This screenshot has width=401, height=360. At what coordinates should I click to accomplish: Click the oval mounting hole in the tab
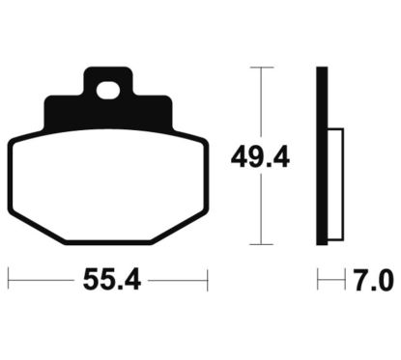coord(108,90)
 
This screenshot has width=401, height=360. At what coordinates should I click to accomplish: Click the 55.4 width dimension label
coord(112,280)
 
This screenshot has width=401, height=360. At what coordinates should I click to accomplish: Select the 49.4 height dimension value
coord(260,157)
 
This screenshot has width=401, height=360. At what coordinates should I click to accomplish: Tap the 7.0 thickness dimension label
coord(374,280)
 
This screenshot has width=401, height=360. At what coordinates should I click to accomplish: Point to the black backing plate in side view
coord(322,156)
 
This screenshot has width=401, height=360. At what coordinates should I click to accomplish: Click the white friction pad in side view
coord(335,184)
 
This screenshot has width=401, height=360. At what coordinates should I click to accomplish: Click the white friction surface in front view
coord(108,185)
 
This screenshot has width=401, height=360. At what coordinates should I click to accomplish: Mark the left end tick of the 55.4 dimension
coord(9,280)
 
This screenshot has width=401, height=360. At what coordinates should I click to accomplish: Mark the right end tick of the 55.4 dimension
coord(208,280)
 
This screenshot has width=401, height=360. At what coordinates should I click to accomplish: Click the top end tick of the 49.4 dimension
coord(261,68)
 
